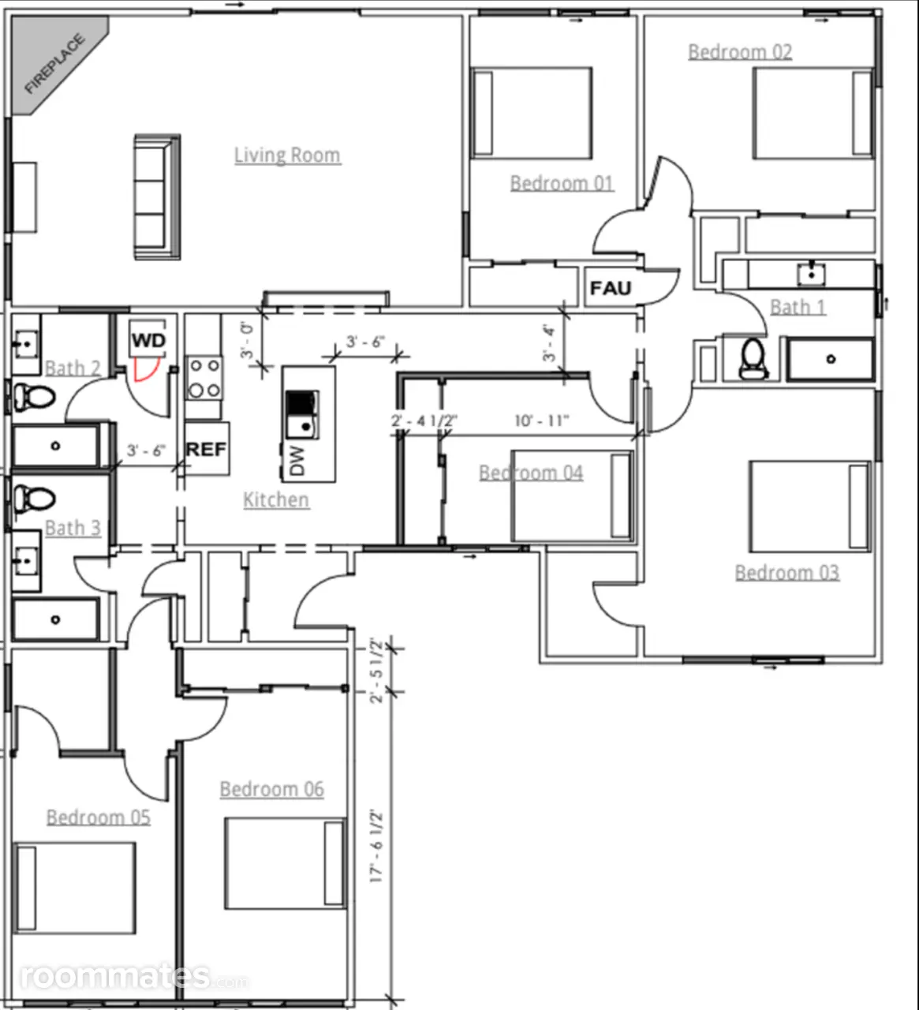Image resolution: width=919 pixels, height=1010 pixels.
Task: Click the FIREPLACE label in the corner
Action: [x=55, y=63]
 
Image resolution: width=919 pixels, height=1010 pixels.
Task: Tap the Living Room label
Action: [x=287, y=155]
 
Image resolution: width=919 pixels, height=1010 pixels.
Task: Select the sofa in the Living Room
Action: [x=157, y=196]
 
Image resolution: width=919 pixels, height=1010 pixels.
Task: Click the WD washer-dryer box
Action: [x=148, y=339]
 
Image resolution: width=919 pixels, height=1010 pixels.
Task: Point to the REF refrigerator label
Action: [x=206, y=449]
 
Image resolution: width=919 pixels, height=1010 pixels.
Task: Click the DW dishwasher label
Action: [x=297, y=460]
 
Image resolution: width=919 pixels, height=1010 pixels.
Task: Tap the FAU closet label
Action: [x=611, y=289]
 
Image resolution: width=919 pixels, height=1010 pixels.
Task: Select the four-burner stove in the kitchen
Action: [x=204, y=378]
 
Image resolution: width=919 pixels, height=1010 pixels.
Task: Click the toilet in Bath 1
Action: [x=753, y=358]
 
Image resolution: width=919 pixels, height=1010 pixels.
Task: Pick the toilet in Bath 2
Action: [x=33, y=397]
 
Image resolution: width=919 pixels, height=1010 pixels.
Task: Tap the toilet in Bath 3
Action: [x=33, y=499]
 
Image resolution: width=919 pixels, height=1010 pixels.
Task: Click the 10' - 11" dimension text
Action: [x=541, y=421]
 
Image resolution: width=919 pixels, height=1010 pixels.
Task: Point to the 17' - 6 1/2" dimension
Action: [x=376, y=845]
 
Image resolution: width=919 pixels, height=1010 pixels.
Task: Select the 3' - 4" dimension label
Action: [x=549, y=343]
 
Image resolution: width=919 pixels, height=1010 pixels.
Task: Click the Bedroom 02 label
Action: [x=740, y=52]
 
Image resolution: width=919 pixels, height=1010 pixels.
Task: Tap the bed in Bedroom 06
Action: [x=286, y=863]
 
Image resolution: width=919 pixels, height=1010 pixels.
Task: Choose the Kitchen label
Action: [x=276, y=500]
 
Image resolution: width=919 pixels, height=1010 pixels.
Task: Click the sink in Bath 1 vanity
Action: [x=811, y=275]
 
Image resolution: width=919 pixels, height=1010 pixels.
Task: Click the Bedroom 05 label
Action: [x=98, y=817]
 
